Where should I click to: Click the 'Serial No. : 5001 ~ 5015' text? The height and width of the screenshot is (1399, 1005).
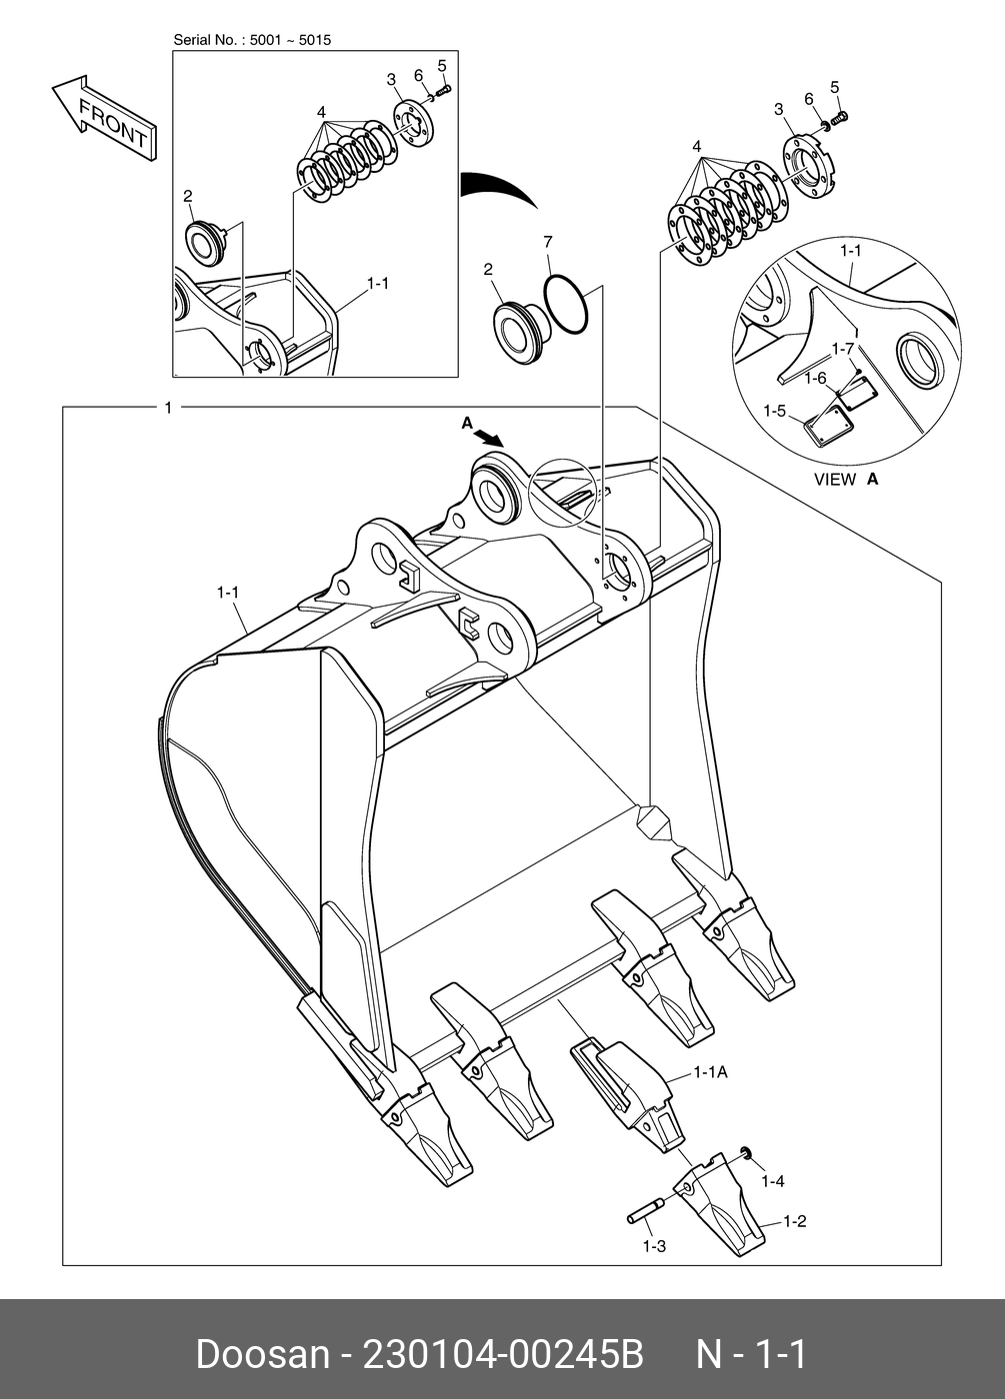pyautogui.click(x=252, y=40)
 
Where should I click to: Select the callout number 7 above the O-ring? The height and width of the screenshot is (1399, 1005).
pyautogui.click(x=547, y=242)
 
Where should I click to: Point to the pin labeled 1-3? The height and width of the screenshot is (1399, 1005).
pyautogui.click(x=642, y=1213)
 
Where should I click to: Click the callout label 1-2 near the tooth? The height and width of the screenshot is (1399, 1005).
pyautogui.click(x=794, y=1221)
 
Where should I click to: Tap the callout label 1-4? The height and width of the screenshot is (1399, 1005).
pyautogui.click(x=772, y=1181)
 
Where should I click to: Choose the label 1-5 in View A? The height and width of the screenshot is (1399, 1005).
pyautogui.click(x=775, y=411)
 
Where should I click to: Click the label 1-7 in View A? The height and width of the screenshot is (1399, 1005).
pyautogui.click(x=843, y=349)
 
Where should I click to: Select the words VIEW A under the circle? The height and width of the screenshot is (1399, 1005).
pyautogui.click(x=845, y=480)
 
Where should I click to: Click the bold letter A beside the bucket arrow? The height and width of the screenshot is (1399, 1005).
pyautogui.click(x=467, y=424)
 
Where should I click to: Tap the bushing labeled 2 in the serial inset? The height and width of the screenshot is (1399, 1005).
pyautogui.click(x=204, y=243)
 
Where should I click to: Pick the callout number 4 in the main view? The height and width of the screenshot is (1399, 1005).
pyautogui.click(x=697, y=147)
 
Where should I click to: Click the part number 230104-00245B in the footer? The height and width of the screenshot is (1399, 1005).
pyautogui.click(x=502, y=1355)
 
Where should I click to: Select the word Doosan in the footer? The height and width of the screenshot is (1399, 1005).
pyautogui.click(x=262, y=1355)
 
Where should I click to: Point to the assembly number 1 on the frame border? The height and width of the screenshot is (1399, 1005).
pyautogui.click(x=168, y=407)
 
